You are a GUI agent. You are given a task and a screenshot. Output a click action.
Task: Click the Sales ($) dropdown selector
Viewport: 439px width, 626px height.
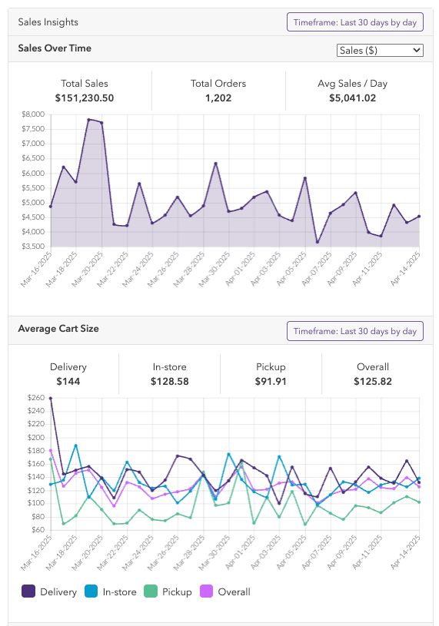point(381,50)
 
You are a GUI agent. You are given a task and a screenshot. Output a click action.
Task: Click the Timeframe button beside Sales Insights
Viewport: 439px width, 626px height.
point(354,22)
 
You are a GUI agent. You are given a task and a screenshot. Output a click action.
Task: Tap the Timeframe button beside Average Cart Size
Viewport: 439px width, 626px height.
point(354,331)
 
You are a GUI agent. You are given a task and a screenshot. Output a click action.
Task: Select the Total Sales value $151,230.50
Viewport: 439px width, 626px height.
point(85,98)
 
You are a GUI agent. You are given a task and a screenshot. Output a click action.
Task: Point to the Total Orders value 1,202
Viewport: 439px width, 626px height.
point(218,98)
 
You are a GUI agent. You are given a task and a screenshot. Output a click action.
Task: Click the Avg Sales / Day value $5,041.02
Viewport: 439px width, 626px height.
point(352,98)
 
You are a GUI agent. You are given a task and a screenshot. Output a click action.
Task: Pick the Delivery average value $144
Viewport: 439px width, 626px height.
point(68,381)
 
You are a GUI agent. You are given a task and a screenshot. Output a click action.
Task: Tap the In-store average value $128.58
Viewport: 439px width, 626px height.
point(170,381)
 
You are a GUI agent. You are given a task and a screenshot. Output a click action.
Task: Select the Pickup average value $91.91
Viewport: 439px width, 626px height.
point(271,381)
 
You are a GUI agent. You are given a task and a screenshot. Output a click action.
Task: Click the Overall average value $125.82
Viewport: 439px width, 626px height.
point(373,381)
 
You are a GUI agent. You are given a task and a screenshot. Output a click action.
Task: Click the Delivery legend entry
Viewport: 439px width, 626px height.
point(49,591)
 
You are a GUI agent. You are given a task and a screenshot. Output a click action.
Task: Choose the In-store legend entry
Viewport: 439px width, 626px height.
point(113,591)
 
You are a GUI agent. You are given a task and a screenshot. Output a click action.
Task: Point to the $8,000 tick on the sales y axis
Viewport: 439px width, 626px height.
point(33,114)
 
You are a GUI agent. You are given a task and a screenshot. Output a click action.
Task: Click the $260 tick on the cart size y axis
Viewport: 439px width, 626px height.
point(35,398)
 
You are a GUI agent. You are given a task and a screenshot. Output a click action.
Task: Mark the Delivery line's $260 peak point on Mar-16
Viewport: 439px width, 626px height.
point(51,399)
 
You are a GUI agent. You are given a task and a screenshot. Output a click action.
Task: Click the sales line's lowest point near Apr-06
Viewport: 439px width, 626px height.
point(318,243)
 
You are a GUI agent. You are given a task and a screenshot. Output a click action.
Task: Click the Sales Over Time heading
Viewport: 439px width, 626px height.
point(55,48)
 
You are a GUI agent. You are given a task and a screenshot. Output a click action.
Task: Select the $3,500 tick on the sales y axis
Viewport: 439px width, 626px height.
point(33,247)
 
